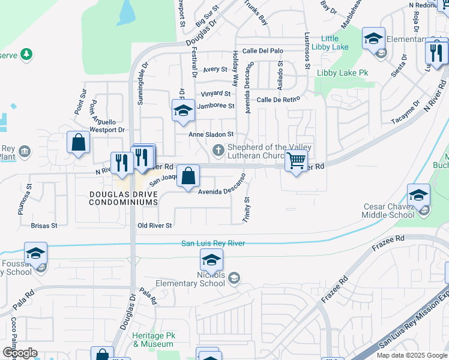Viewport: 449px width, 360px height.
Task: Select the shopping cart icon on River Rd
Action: tap(296, 161)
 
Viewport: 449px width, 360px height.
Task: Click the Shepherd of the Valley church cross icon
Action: tap(219, 149)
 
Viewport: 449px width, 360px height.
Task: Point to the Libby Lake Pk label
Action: tap(342, 73)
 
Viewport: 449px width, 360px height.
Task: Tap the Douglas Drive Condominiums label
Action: tap(123, 199)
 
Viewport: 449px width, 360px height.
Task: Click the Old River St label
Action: tap(155, 226)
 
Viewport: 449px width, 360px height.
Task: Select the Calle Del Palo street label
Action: tap(262, 52)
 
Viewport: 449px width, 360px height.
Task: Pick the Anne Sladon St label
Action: tap(211, 135)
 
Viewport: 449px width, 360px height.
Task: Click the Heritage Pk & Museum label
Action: tap(153, 340)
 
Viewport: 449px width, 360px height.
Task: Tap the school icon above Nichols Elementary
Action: tap(211, 260)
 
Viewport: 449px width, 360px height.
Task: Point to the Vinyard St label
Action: tap(215, 94)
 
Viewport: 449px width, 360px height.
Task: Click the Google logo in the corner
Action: tap(20, 353)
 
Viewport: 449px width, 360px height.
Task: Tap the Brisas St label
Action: tap(44, 226)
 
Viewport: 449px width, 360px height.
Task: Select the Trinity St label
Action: tap(246, 210)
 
